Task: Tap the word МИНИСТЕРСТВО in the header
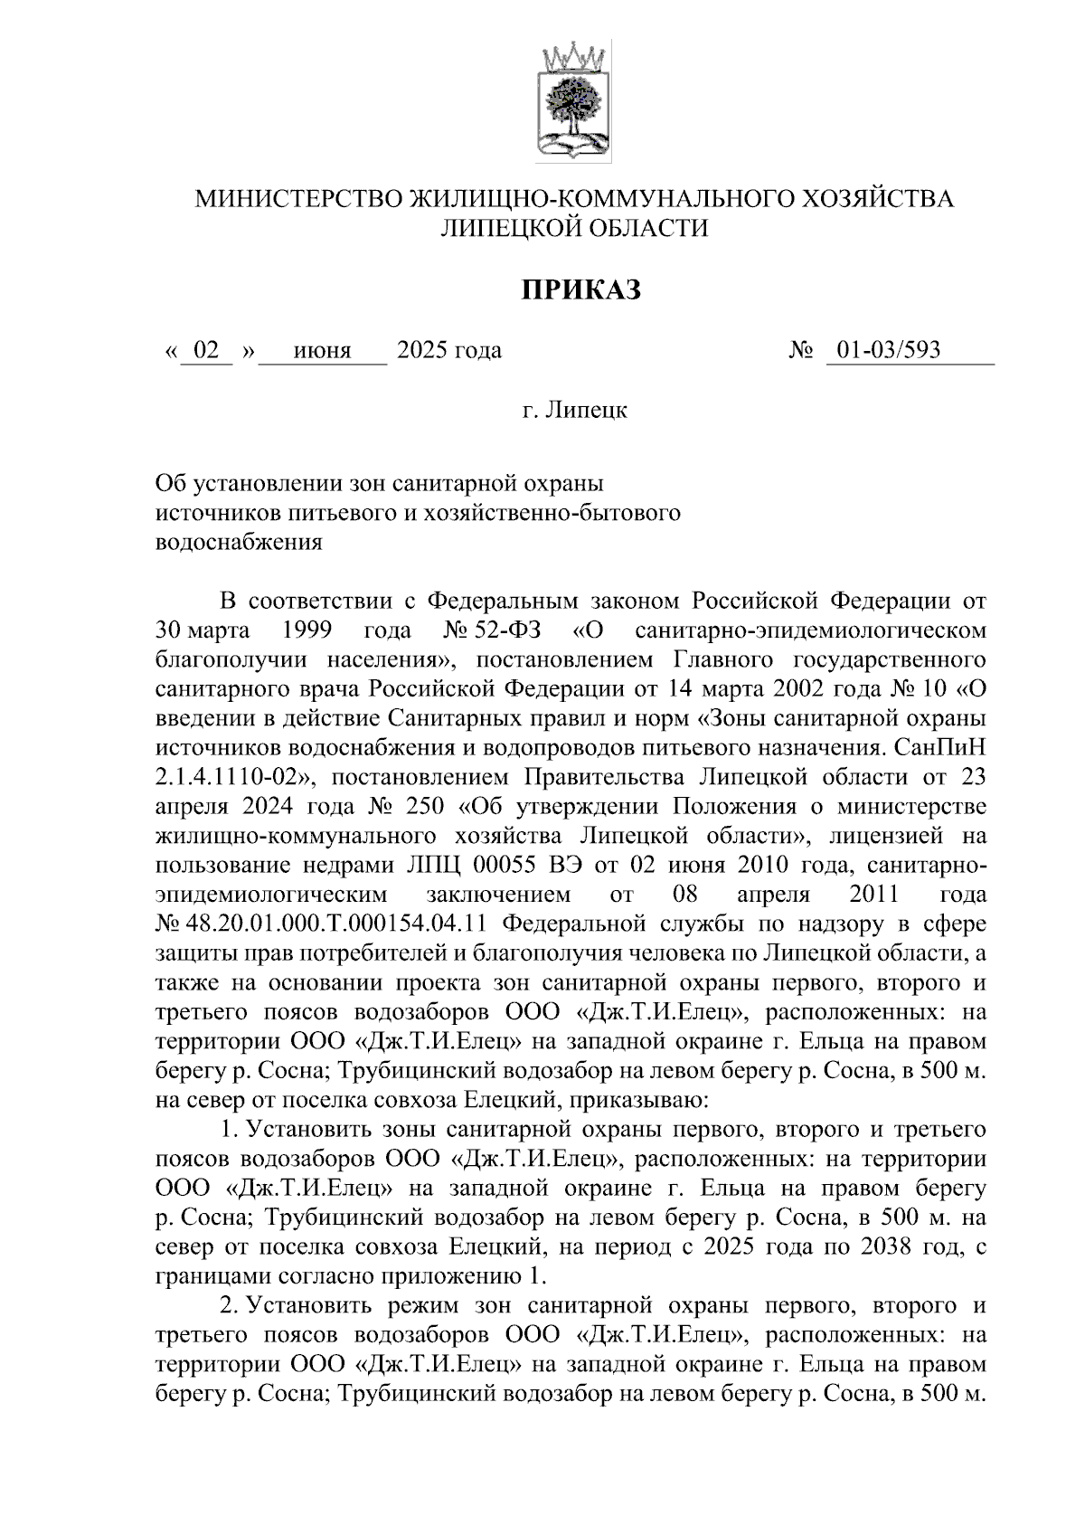299,199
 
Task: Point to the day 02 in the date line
207,350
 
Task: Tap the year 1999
307,630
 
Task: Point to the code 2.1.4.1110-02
232,777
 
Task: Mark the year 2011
874,895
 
